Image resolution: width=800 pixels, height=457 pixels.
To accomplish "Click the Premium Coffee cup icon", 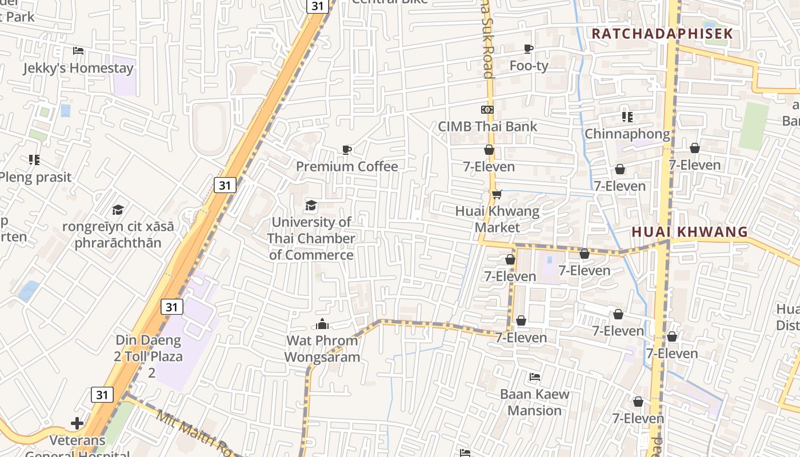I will (346, 150).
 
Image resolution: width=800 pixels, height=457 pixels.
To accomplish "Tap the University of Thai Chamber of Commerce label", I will (311, 238).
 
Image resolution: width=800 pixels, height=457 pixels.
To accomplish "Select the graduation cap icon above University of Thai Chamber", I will (311, 205).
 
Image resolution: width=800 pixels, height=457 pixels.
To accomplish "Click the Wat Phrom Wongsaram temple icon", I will (322, 324).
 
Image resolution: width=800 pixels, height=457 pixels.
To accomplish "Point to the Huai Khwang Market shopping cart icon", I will (497, 195).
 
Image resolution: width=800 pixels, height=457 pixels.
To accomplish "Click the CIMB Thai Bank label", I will (487, 126).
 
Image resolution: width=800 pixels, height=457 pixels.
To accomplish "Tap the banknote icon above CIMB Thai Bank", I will (487, 109).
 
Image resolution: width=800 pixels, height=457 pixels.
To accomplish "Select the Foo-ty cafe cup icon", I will (529, 49).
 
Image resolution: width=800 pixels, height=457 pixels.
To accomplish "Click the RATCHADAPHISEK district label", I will (662, 33).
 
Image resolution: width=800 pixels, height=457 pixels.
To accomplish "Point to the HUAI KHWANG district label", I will (690, 231).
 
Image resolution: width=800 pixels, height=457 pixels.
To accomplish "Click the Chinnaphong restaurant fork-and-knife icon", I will (627, 117).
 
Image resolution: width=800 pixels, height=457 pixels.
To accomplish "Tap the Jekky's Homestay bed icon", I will (78, 51).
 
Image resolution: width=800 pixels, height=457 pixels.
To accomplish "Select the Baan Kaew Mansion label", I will (534, 402).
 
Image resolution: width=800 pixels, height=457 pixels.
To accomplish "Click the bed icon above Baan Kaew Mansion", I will (535, 377).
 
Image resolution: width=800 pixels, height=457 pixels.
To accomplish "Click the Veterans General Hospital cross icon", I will (77, 423).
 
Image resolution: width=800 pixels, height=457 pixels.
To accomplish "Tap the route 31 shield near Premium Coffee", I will (225, 185).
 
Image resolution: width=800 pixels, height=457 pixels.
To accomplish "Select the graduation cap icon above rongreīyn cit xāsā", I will (118, 210).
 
